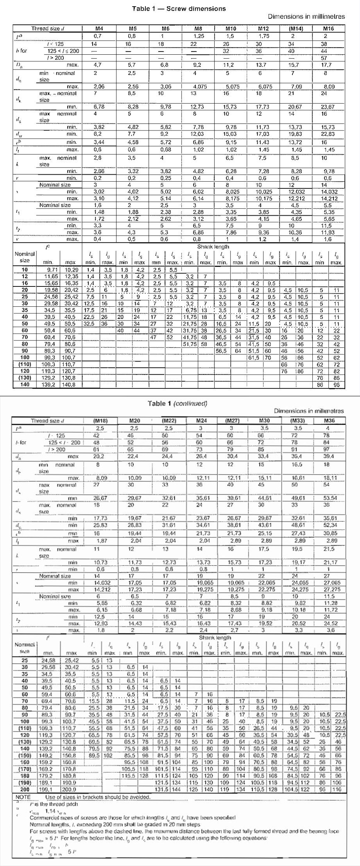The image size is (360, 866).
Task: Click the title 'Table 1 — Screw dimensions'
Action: (x=179, y=8)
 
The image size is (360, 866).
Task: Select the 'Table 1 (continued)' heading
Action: (x=177, y=403)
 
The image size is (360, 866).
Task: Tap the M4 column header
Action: (x=99, y=28)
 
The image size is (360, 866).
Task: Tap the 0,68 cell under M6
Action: (x=166, y=149)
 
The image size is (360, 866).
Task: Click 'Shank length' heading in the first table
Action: (x=213, y=247)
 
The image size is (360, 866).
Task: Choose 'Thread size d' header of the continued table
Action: (x=47, y=421)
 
